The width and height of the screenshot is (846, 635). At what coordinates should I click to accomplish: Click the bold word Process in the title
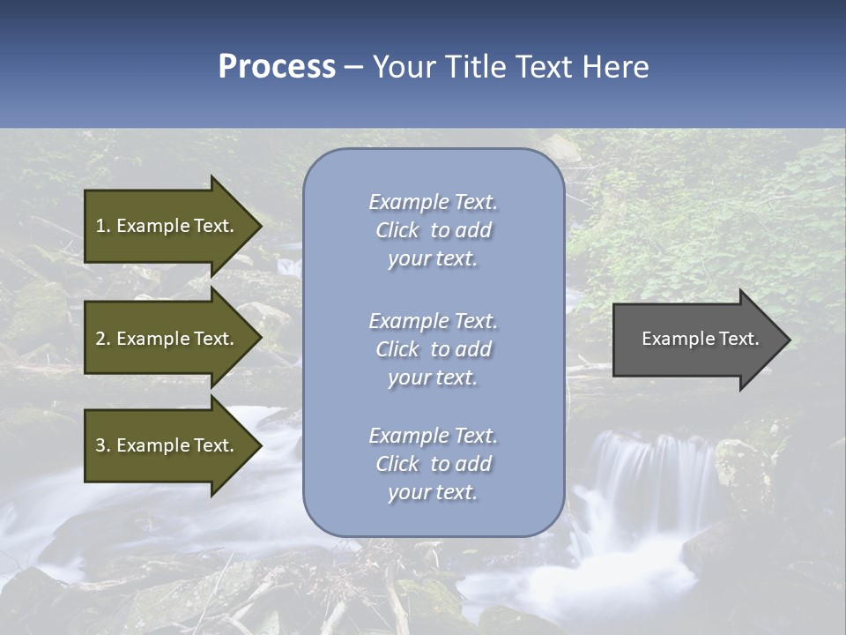277,66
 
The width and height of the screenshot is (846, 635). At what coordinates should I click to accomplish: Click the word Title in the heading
471,66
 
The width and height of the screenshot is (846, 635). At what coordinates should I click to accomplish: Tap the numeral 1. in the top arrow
103,226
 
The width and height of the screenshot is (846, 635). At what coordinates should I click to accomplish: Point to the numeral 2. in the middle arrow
103,339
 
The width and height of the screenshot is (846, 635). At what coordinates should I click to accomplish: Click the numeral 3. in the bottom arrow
103,445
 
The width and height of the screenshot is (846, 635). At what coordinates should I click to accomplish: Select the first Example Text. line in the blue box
433,202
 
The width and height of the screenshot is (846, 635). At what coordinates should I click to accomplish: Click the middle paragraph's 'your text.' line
433,377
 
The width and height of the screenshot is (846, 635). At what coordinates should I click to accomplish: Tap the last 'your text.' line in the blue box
433,492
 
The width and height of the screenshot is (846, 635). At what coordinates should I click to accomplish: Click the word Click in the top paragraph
397,230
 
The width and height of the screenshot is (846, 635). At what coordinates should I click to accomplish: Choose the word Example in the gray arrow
672,339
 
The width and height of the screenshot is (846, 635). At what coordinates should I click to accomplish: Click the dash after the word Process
354,68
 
